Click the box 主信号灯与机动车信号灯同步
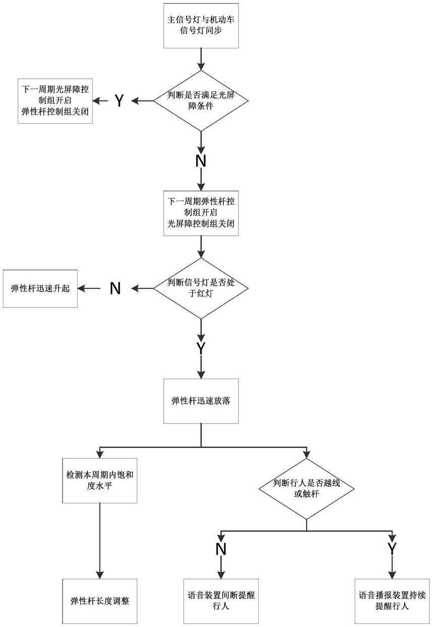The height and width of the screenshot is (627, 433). click(x=201, y=25)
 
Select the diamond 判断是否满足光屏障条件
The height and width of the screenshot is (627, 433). click(x=201, y=100)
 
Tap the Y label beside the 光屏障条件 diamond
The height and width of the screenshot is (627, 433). click(x=119, y=101)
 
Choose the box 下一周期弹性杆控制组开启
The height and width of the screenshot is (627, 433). click(x=201, y=213)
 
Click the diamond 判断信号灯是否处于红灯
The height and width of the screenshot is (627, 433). click(x=201, y=288)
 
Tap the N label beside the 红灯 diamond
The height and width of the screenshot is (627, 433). click(x=115, y=289)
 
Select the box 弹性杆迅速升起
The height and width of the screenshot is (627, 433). click(x=40, y=289)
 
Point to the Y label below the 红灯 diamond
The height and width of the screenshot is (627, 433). click(x=201, y=348)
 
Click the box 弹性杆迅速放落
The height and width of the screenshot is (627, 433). click(x=201, y=401)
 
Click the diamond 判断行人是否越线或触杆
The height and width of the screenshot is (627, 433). click(x=306, y=488)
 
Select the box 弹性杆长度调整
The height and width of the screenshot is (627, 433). click(x=99, y=601)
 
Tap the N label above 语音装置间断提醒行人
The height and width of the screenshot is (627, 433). click(x=220, y=549)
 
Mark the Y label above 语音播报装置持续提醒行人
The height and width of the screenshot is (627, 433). click(x=392, y=549)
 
